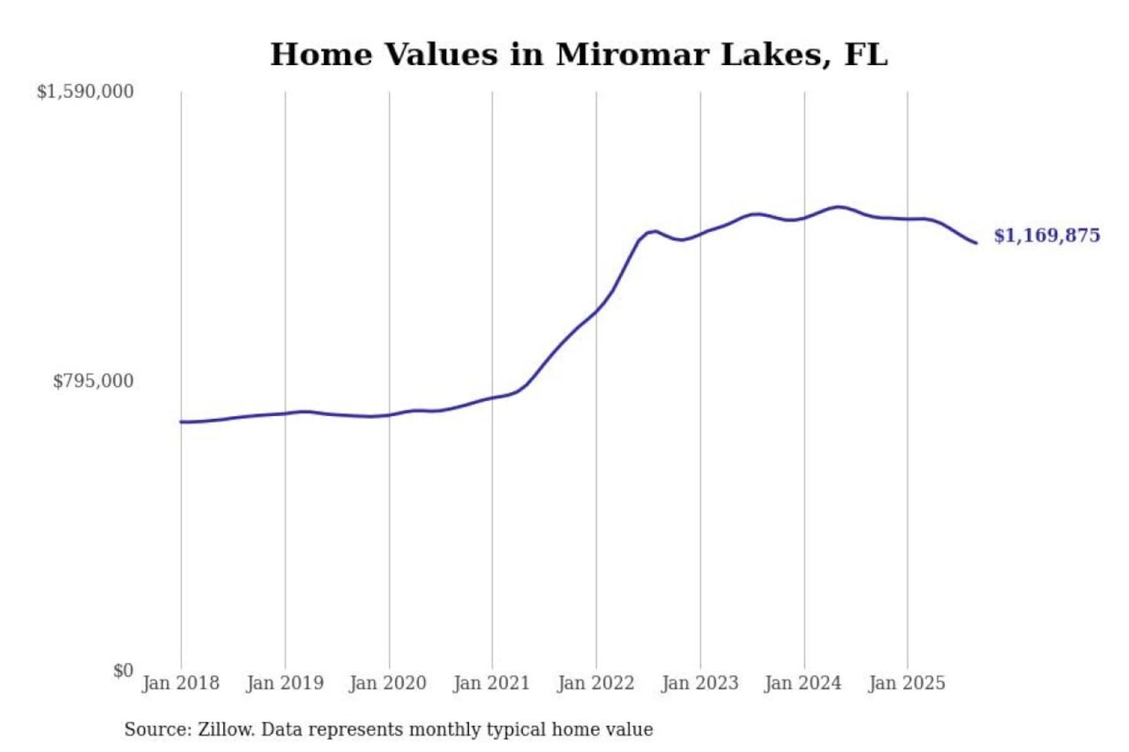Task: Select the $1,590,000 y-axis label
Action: pyautogui.click(x=85, y=92)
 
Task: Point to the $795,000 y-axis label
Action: pyautogui.click(x=93, y=381)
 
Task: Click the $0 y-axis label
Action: pyautogui.click(x=123, y=671)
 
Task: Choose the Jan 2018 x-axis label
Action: pyautogui.click(x=181, y=683)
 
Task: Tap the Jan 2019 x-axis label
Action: pyautogui.click(x=285, y=683)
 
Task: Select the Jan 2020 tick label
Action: pyautogui.click(x=388, y=683)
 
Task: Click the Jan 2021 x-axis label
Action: pyautogui.click(x=492, y=683)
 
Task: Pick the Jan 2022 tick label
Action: pyautogui.click(x=596, y=683)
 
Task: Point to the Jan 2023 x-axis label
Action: pyautogui.click(x=700, y=683)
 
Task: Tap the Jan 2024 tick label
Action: pyautogui.click(x=803, y=683)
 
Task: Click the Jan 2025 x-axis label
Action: pyautogui.click(x=907, y=683)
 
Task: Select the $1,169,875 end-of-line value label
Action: pyautogui.click(x=1047, y=236)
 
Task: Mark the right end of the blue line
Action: pyautogui.click(x=976, y=243)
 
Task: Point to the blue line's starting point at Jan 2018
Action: pyautogui.click(x=181, y=422)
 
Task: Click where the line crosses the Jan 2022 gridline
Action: pyautogui.click(x=596, y=312)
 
